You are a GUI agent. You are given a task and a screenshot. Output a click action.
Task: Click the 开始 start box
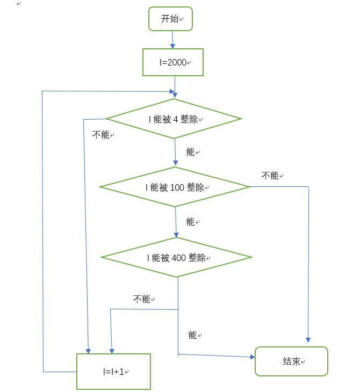click(170, 19)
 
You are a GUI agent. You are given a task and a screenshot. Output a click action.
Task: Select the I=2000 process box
click(173, 62)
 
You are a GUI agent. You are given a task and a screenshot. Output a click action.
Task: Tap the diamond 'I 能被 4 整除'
click(174, 119)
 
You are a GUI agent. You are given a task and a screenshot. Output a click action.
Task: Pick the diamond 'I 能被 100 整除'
click(175, 187)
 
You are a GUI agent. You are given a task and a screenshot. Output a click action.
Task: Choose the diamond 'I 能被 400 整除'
click(177, 258)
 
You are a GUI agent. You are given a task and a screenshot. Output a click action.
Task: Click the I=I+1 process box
click(113, 371)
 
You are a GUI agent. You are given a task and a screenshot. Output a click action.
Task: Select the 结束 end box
click(291, 361)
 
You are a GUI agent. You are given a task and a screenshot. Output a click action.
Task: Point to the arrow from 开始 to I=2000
click(172, 39)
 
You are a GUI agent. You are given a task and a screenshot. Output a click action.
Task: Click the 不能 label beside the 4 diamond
click(100, 134)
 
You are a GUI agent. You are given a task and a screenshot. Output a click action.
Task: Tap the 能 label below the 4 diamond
click(190, 152)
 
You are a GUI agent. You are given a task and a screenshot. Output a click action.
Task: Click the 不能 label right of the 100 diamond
click(270, 175)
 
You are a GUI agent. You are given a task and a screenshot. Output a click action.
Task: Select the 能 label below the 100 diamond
click(190, 221)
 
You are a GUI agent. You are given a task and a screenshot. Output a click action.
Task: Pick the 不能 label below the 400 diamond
click(142, 299)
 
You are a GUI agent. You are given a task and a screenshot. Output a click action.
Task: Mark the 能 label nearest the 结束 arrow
click(192, 335)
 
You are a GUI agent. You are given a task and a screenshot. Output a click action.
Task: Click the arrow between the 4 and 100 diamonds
click(175, 153)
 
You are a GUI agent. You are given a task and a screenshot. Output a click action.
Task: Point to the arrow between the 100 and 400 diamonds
click(176, 222)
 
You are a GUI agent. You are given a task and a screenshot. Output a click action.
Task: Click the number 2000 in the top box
click(177, 62)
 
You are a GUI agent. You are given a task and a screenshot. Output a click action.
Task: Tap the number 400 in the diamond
click(178, 258)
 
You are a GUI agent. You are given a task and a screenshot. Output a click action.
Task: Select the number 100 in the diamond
click(177, 187)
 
